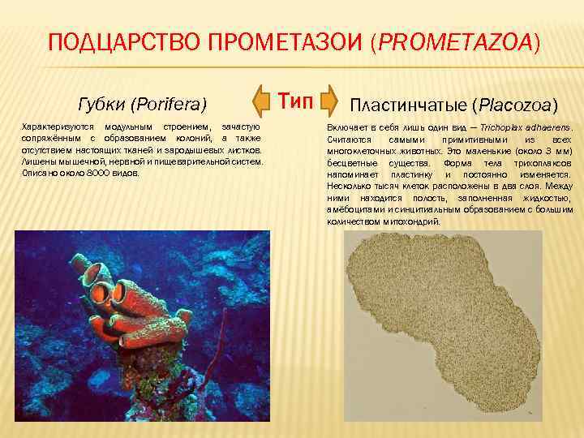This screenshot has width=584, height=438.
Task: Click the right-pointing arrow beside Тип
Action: click(x=326, y=101)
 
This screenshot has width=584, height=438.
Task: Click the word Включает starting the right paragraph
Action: click(x=347, y=128)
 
